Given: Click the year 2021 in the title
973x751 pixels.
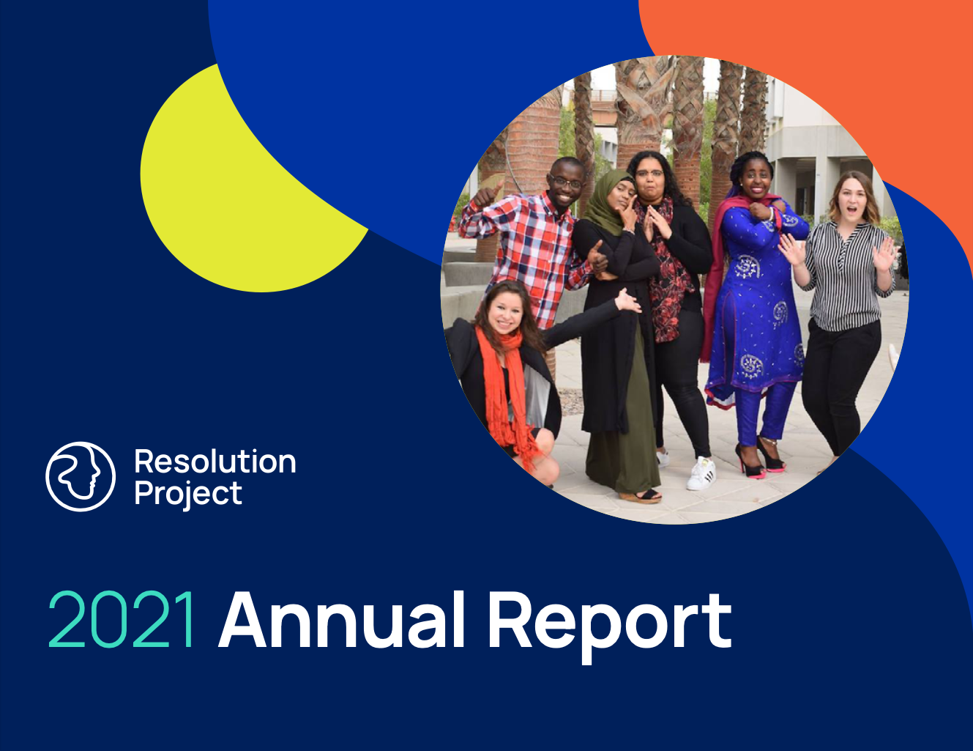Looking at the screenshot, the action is [121, 620].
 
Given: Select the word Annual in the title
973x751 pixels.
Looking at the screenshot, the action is [341, 620].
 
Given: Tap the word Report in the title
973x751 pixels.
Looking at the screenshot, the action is [609, 627].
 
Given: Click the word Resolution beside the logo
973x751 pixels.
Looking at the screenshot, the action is [215, 462].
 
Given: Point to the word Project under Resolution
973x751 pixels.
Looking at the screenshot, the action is [188, 495].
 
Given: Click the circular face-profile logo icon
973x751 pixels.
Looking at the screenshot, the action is [81, 476].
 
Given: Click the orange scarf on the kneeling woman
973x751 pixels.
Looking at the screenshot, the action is [506, 394].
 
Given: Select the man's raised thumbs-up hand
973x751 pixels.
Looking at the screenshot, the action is [489, 194].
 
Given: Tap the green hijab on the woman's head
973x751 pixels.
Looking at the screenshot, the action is [608, 201].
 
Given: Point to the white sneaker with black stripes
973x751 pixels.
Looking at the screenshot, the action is [701, 473].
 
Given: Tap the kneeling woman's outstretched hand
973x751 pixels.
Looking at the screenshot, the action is [628, 301].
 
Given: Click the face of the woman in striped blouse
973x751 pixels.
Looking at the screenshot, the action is [852, 198].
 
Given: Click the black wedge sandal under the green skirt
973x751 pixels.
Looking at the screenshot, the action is [641, 495].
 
